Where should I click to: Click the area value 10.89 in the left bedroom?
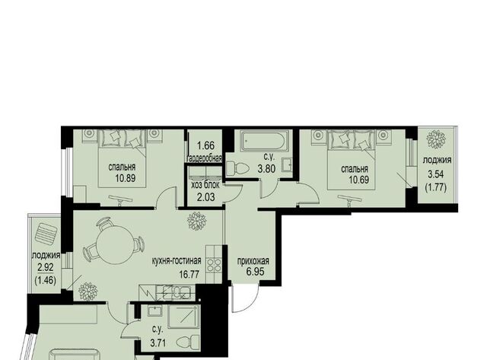pyautogui.click(x=126, y=178)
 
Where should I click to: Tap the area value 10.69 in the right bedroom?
pyautogui.click(x=358, y=180)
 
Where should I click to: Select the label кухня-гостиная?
pyautogui.click(x=177, y=261)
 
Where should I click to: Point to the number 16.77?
pyautogui.click(x=189, y=274)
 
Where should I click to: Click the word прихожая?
pyautogui.click(x=253, y=261)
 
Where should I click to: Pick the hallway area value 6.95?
pyautogui.click(x=256, y=272)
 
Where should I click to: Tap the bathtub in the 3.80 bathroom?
pyautogui.click(x=264, y=141)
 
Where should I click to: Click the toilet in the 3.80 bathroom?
pyautogui.click(x=237, y=168)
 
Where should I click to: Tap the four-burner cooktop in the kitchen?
pyautogui.click(x=215, y=264)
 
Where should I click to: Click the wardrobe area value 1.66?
pyautogui.click(x=206, y=145)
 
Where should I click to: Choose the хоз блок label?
pyautogui.click(x=205, y=185)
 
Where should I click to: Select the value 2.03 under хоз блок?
pyautogui.click(x=205, y=197)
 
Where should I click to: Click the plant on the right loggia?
pyautogui.click(x=436, y=139)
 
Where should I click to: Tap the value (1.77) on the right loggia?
pyautogui.click(x=435, y=187)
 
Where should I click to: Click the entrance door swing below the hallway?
pyautogui.click(x=245, y=298)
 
